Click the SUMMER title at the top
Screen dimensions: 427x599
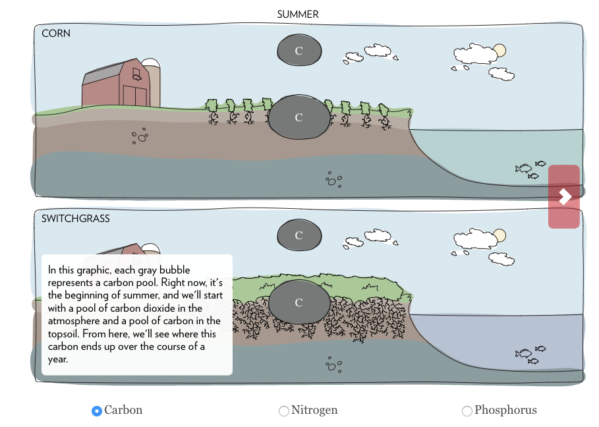coord(297,14)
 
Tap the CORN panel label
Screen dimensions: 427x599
coord(56,33)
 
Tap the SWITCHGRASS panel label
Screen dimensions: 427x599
coord(75,218)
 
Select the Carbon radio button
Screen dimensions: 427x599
coord(97,411)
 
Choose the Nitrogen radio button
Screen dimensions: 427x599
coord(284,411)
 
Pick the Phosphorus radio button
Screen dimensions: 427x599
coord(467,411)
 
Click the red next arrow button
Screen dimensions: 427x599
coord(564,196)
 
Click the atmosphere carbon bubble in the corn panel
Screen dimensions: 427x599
coord(299,51)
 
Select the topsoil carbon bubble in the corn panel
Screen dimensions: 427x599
coord(299,117)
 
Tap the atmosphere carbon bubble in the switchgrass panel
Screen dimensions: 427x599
coord(299,235)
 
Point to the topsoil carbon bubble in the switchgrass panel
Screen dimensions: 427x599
coord(299,302)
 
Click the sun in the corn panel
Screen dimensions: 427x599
coord(499,51)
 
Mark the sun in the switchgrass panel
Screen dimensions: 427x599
coord(499,235)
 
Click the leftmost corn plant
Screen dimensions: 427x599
coord(212,109)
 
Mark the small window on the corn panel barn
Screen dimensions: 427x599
coord(137,73)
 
